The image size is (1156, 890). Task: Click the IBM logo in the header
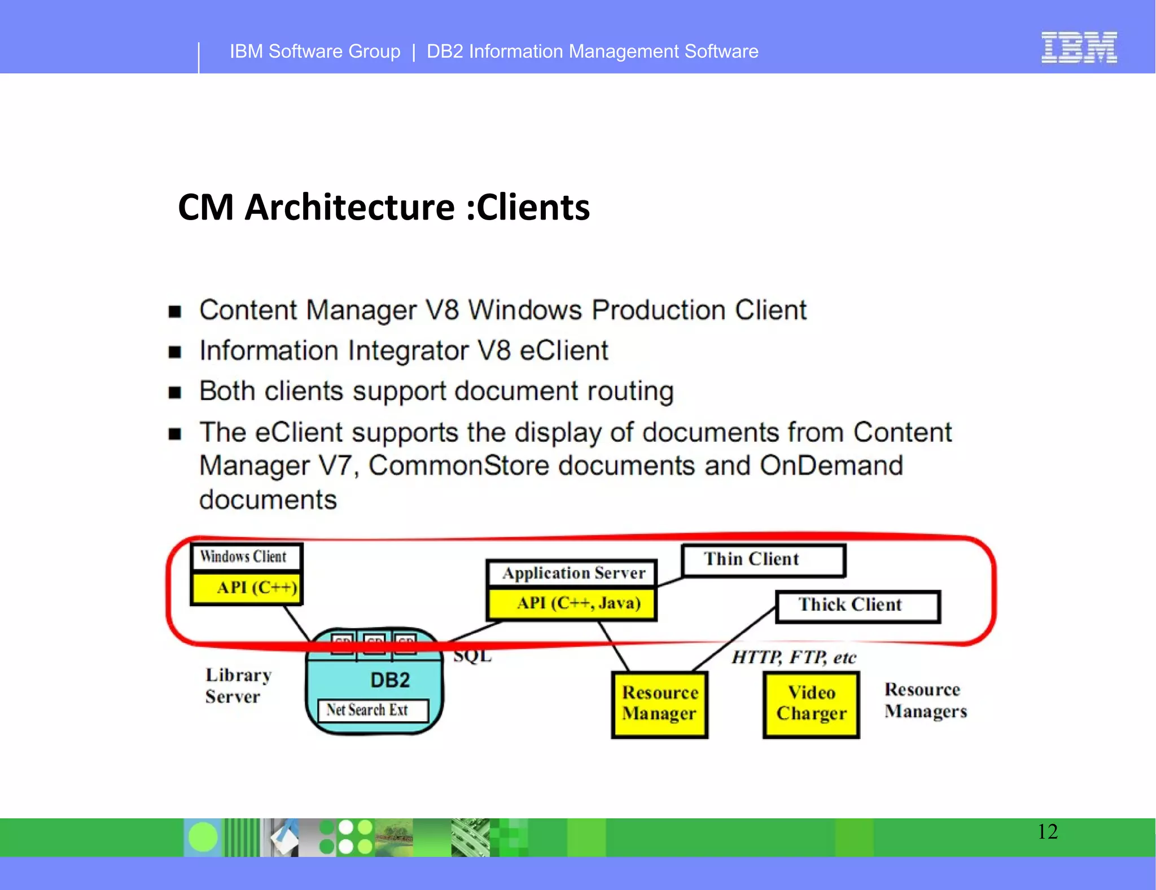click(x=1079, y=47)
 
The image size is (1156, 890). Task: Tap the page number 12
click(x=1048, y=831)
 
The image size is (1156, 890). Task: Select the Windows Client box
click(x=246, y=557)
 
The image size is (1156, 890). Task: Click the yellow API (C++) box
click(x=246, y=588)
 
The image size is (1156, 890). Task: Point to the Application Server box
click(x=572, y=573)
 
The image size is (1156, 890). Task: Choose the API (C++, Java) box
click(x=572, y=604)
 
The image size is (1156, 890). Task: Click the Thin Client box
click(x=763, y=560)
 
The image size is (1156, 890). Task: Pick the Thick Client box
click(x=857, y=606)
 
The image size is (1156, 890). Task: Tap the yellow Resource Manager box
click(x=659, y=704)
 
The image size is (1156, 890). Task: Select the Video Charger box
click(x=811, y=704)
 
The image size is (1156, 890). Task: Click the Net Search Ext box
click(x=373, y=710)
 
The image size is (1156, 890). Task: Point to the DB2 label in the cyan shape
click(x=390, y=680)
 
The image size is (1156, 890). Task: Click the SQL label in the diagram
click(x=472, y=656)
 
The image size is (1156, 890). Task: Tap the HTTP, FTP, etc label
click(x=794, y=657)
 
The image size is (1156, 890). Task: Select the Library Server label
click(x=238, y=686)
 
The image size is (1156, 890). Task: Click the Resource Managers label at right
click(x=925, y=700)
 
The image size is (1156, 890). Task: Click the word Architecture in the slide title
click(x=349, y=207)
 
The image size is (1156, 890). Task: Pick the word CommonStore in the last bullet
click(x=459, y=466)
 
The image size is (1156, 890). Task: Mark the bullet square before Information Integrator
click(x=175, y=352)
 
